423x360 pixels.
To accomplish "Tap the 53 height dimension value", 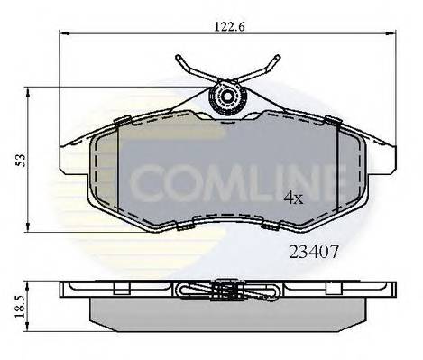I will point(19,158).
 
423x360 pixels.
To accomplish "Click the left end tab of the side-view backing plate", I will point(68,290).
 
